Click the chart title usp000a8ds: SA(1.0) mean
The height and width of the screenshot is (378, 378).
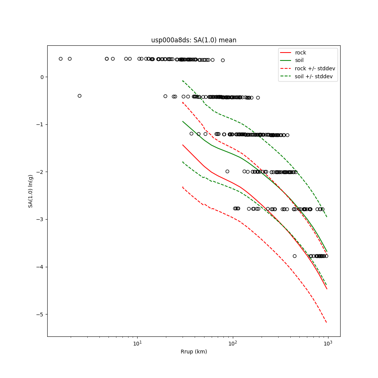pos(194,40)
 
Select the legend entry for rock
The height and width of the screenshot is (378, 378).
pos(301,53)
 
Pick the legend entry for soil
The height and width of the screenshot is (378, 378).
pos(299,60)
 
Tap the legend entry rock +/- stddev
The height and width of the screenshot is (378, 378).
pos(315,68)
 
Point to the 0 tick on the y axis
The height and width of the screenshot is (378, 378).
pos(42,77)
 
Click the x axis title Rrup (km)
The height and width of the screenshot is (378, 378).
pos(194,352)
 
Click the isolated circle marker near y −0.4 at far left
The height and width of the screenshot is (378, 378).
pos(79,96)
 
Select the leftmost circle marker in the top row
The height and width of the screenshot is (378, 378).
pos(60,59)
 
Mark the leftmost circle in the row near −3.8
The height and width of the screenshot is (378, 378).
pos(294,256)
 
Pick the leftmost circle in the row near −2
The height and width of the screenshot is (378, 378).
pos(227,171)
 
